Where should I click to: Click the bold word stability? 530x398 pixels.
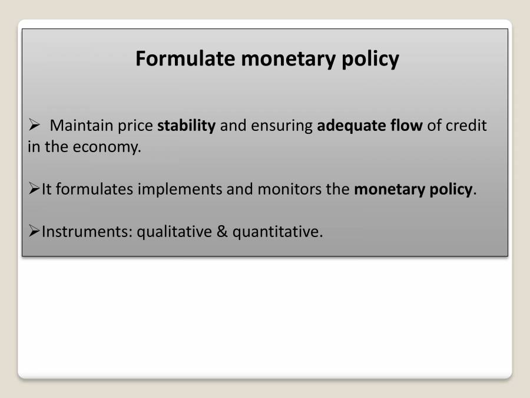[x=187, y=126]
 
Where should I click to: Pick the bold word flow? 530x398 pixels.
[x=403, y=126]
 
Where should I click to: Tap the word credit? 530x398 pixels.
[x=466, y=126]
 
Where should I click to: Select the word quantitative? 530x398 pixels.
[x=277, y=232]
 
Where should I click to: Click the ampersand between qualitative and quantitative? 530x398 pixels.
[x=222, y=232]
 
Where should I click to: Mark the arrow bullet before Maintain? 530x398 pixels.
[x=34, y=126]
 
